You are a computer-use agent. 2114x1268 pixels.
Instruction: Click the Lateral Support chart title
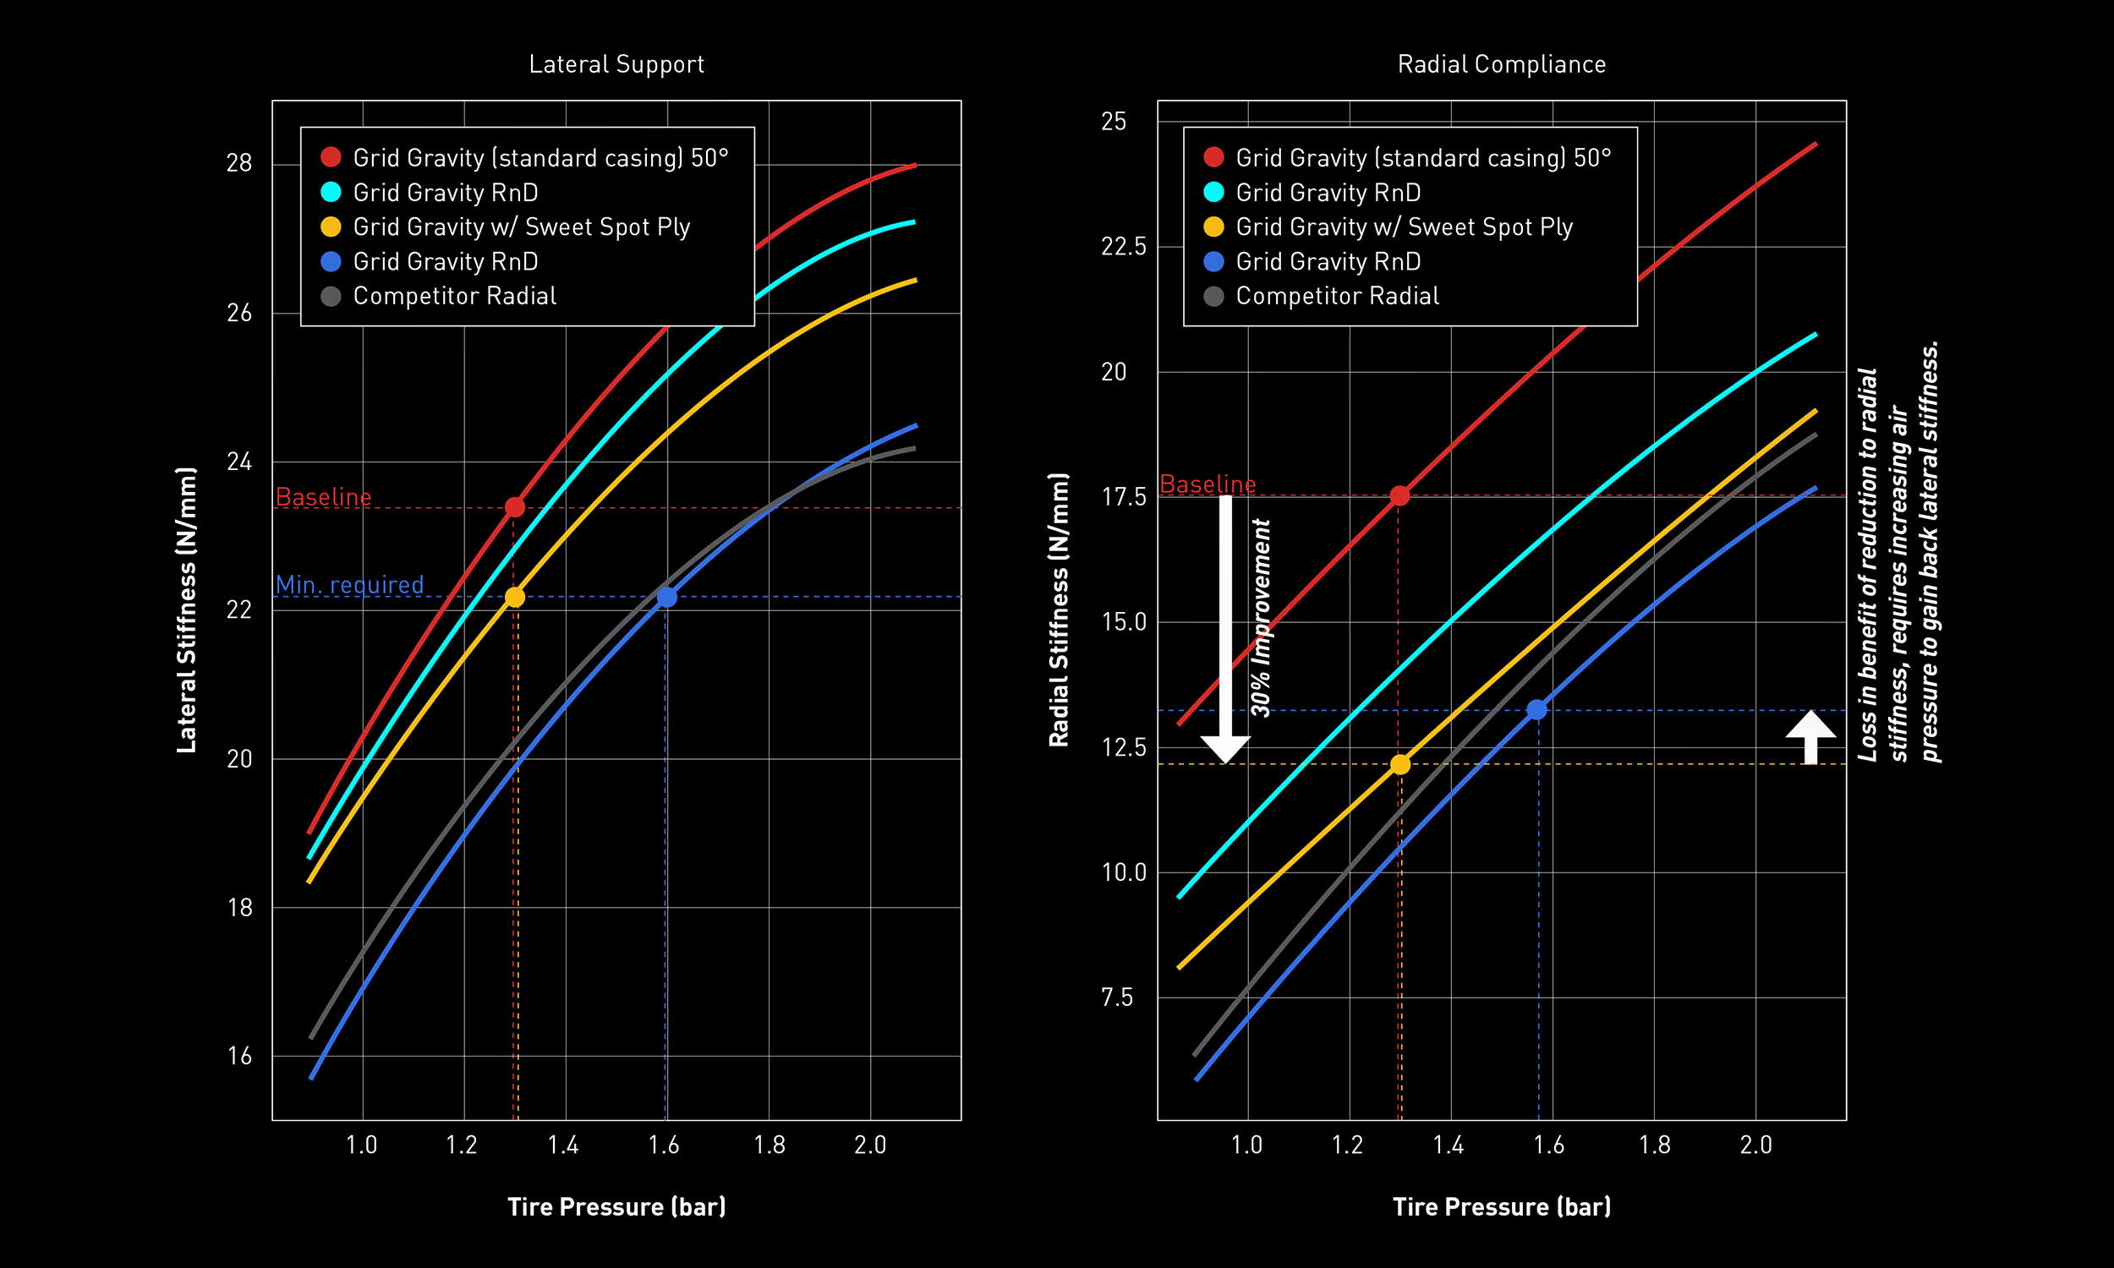(x=616, y=64)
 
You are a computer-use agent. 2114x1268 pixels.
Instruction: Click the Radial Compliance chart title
(x=1501, y=64)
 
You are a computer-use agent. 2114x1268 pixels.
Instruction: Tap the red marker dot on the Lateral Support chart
(x=514, y=507)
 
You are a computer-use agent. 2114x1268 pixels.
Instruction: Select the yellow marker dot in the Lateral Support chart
(x=514, y=597)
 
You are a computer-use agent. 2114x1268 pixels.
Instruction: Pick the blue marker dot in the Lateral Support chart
(x=666, y=597)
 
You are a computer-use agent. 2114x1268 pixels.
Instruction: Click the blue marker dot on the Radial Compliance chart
(x=1536, y=710)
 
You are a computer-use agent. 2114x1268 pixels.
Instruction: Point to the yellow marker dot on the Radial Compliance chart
(x=1399, y=764)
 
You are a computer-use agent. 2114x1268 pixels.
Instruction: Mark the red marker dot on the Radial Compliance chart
(x=1399, y=495)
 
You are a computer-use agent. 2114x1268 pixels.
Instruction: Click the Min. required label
(x=349, y=584)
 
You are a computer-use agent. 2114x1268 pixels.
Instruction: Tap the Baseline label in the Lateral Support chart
(x=323, y=496)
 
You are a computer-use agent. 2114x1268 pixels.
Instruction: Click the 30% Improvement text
(x=1262, y=617)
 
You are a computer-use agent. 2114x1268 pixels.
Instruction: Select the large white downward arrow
(x=1225, y=628)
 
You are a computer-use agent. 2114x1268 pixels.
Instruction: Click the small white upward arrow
(x=1810, y=735)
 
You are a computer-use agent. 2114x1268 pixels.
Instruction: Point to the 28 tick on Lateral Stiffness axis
(x=239, y=163)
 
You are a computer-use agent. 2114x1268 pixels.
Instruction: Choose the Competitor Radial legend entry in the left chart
(x=454, y=296)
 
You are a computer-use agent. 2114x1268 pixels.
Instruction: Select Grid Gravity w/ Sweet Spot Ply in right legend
(x=1403, y=227)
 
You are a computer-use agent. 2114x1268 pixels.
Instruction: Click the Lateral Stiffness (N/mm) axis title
(x=186, y=610)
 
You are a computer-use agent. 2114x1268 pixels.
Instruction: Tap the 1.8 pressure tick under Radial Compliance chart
(x=1654, y=1144)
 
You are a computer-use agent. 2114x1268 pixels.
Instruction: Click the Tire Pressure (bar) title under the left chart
(x=616, y=1206)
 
